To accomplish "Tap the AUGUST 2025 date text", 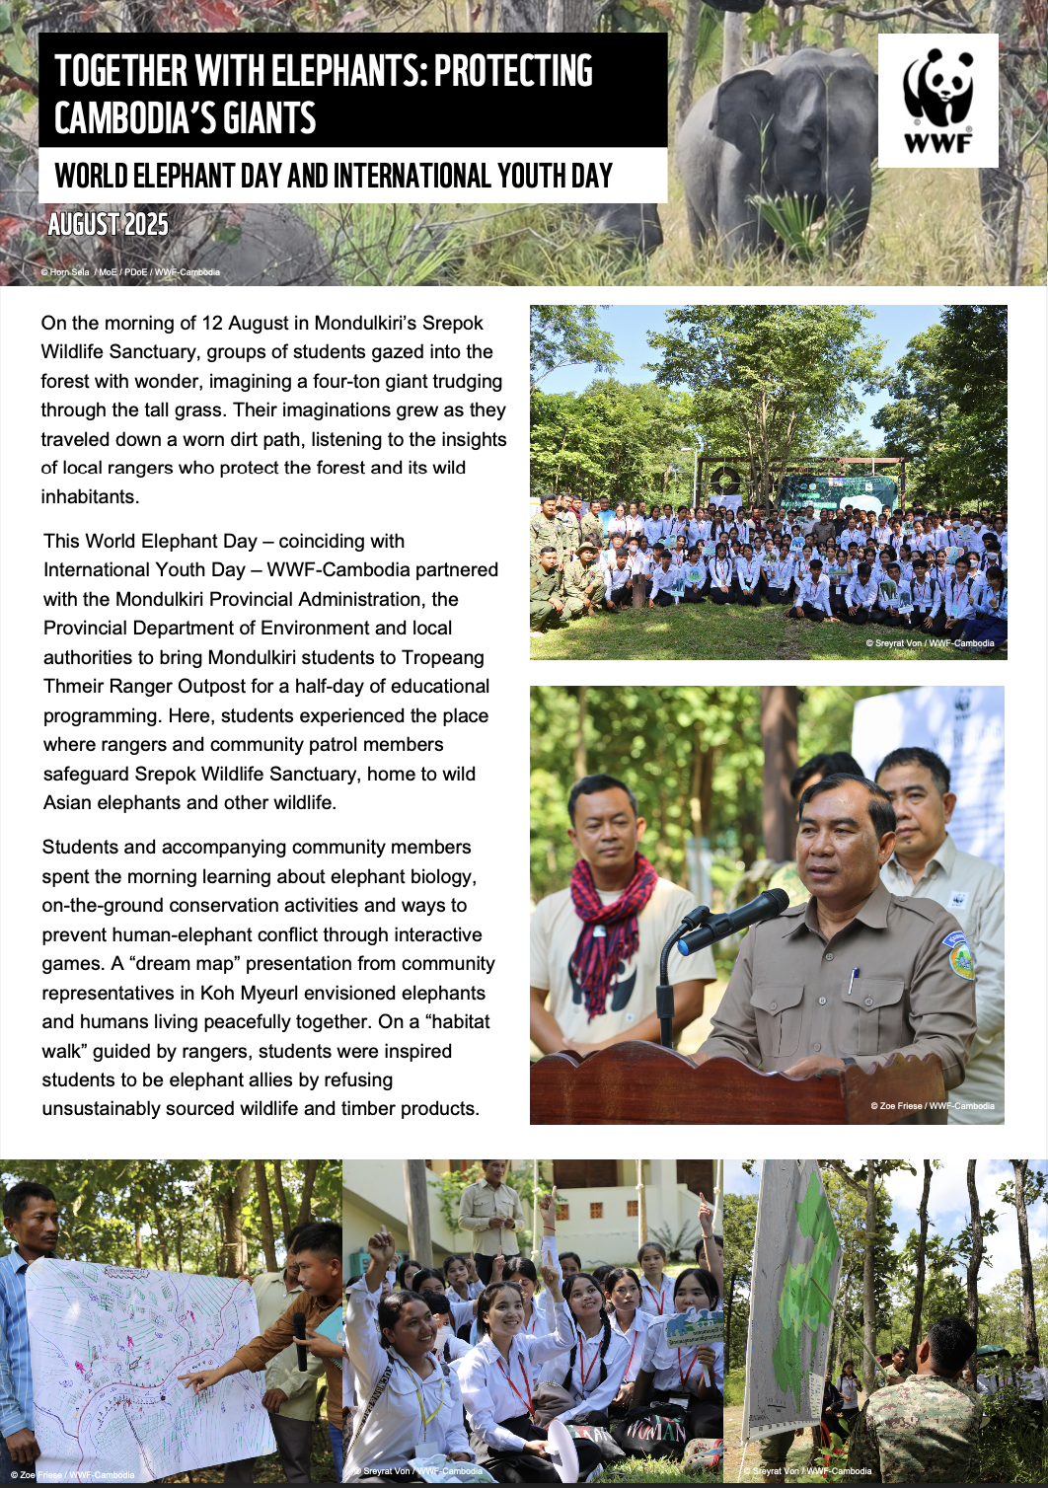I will click(x=108, y=225).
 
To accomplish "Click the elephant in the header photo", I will click(x=780, y=148).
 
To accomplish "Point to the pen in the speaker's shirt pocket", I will click(x=853, y=979).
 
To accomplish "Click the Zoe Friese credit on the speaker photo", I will click(x=932, y=1106).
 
